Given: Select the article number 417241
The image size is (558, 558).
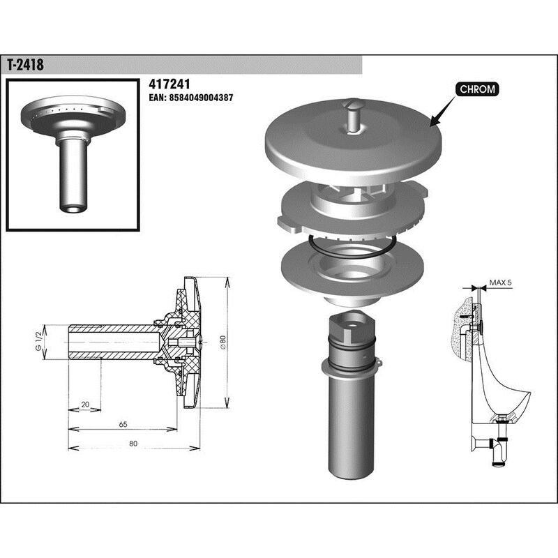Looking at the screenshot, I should [x=170, y=83].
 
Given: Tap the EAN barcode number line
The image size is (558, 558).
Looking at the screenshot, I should [x=191, y=98].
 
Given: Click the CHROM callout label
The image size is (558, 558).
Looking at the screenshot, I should [x=477, y=89].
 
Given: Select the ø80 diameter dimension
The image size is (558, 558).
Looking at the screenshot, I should [x=223, y=342].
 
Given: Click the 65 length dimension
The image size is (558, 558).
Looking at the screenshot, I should [x=122, y=424].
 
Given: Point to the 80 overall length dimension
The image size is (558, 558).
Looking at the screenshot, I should [x=133, y=444].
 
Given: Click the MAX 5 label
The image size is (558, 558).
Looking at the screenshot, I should [x=500, y=282].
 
